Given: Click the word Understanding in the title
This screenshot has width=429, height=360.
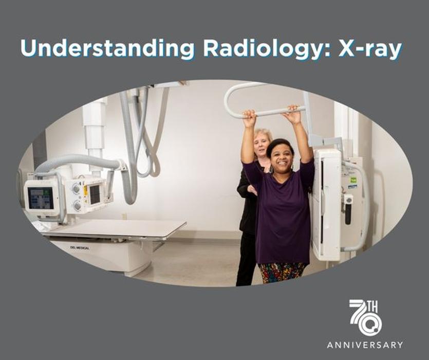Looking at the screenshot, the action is click(x=107, y=49).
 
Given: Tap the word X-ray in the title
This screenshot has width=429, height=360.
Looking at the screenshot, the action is click(x=370, y=49).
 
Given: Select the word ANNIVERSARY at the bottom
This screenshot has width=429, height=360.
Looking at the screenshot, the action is click(x=365, y=345).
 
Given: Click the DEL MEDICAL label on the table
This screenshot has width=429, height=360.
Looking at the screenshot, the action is click(x=80, y=248).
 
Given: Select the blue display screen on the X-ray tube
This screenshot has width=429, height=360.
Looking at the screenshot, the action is click(x=41, y=198).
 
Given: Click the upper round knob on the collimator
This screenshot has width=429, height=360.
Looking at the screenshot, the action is click(x=76, y=188).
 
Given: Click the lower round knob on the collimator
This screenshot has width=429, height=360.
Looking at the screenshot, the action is click(x=77, y=205).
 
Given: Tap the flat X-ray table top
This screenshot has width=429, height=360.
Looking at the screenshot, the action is click(x=114, y=228).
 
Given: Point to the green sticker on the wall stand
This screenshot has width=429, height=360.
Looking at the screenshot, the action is click(x=353, y=181).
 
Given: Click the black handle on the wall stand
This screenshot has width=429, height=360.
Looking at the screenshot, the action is click(x=348, y=212).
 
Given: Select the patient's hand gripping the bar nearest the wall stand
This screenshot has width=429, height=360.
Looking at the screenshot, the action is click(x=293, y=115).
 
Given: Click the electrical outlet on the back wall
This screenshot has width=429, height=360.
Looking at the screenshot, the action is click(x=124, y=216).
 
